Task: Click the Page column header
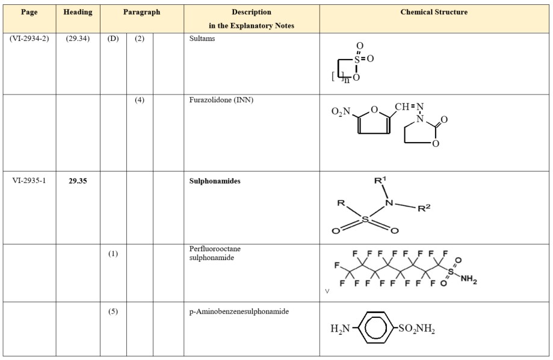click(28, 12)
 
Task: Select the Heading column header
click(78, 12)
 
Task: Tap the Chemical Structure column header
click(434, 12)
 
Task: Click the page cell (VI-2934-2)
click(28, 38)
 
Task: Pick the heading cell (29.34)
click(78, 38)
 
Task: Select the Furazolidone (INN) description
click(221, 100)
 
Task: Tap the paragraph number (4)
click(139, 100)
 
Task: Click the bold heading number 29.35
click(78, 181)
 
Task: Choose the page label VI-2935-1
click(28, 181)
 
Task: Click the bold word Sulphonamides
click(214, 181)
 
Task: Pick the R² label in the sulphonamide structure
click(424, 208)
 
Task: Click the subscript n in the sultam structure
click(347, 79)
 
